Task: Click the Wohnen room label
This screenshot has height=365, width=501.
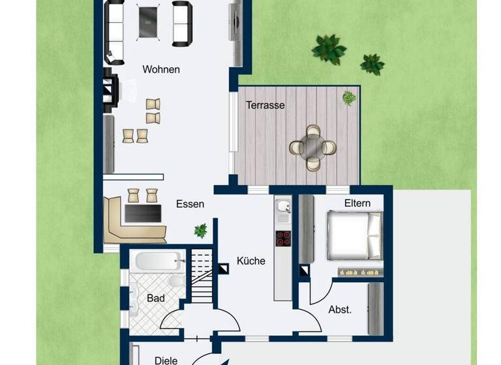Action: click(x=161, y=69)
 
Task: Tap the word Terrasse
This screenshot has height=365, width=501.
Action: click(x=266, y=104)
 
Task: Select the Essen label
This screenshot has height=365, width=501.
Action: click(x=190, y=204)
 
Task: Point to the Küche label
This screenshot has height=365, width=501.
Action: click(x=251, y=261)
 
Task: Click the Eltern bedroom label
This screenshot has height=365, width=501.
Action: click(x=357, y=203)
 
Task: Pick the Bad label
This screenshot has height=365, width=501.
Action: click(x=155, y=298)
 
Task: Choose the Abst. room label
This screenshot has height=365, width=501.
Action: click(x=341, y=310)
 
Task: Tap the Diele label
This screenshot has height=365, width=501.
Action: click(x=166, y=359)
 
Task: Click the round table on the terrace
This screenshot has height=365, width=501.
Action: click(x=312, y=147)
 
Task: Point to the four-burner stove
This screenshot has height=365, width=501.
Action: click(x=284, y=238)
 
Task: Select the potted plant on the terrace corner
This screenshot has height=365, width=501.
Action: click(x=350, y=98)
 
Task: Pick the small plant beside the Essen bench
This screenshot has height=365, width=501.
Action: click(x=200, y=230)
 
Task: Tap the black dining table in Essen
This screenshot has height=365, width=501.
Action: click(x=143, y=213)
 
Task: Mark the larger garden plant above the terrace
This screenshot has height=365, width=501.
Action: click(x=328, y=48)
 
